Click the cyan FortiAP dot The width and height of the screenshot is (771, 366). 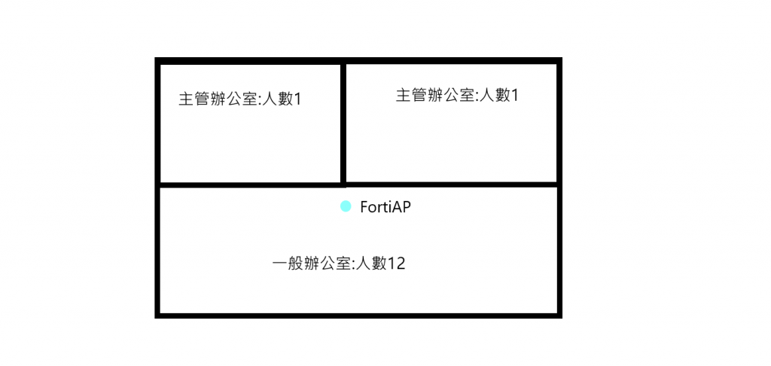[346, 206]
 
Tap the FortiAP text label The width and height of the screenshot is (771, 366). [385, 207]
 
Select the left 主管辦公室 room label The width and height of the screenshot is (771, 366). [239, 99]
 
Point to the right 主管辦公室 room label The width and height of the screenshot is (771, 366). [457, 96]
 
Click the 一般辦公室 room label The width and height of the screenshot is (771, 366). [338, 264]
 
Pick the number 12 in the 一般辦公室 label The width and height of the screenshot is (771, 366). [396, 264]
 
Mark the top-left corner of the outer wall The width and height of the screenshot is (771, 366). [157, 60]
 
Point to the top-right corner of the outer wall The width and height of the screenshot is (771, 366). [559, 60]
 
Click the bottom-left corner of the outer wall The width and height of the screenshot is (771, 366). [157, 315]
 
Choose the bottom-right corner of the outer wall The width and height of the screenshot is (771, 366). [559, 315]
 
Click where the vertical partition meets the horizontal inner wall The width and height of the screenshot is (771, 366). [343, 183]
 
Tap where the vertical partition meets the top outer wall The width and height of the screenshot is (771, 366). [343, 61]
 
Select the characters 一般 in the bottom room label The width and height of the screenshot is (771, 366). [287, 264]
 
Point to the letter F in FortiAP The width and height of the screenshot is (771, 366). [364, 207]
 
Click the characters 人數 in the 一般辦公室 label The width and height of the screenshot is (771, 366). [371, 264]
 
